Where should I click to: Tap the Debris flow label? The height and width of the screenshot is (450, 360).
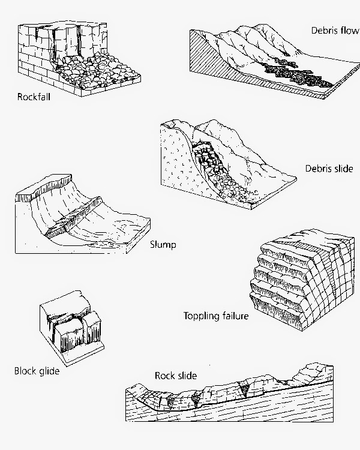point(334,29)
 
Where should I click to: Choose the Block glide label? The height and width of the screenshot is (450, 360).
point(37,371)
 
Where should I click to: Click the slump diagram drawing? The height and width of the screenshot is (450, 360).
point(78,216)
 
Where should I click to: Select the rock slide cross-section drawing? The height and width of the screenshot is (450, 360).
point(240,396)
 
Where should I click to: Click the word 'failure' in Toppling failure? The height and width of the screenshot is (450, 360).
point(233,316)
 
